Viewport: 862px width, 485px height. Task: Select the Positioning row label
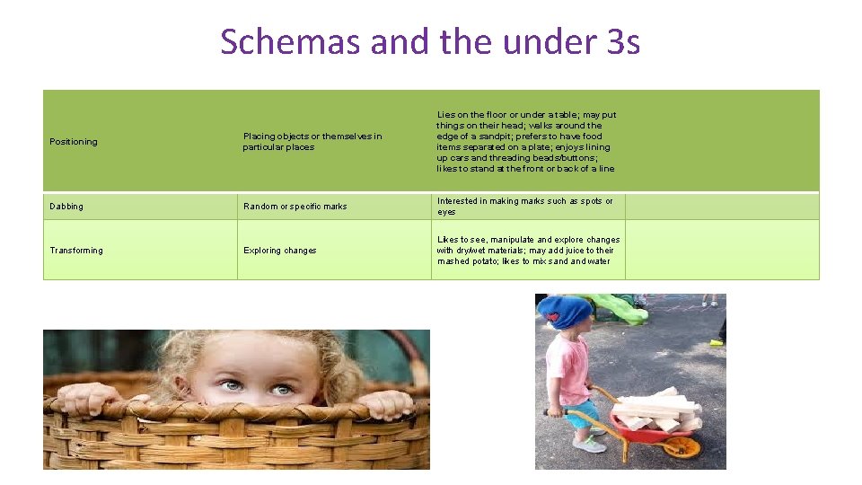tap(74, 142)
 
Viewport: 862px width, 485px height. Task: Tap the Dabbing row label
tap(66, 207)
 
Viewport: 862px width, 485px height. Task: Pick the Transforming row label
tap(76, 251)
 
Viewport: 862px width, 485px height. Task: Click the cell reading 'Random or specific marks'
tap(295, 207)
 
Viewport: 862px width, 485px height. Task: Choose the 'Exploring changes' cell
tap(280, 251)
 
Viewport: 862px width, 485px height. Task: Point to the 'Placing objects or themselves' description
tap(312, 142)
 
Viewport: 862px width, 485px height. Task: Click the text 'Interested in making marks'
tap(525, 207)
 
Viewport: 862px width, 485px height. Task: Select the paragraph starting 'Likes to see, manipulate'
tap(528, 251)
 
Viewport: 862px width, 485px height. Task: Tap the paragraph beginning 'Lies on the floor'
tap(526, 142)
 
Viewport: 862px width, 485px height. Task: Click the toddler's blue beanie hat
tap(565, 312)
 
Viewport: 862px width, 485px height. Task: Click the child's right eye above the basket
tap(282, 389)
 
